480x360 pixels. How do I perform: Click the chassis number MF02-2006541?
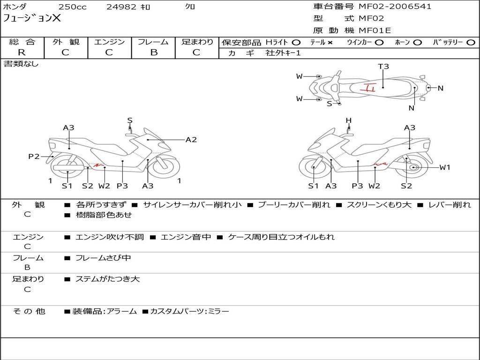(395, 7)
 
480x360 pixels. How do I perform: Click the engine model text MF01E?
(375, 30)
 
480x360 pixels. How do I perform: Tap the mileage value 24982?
(121, 7)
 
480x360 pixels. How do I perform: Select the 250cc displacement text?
(73, 7)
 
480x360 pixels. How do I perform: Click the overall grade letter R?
(22, 52)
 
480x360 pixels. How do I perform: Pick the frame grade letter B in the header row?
(154, 52)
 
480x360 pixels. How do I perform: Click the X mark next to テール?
(330, 43)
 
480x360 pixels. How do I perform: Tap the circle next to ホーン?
(417, 43)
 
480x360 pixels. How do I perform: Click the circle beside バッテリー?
(471, 43)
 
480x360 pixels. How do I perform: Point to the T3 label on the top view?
(383, 67)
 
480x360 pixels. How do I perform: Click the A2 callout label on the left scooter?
(191, 140)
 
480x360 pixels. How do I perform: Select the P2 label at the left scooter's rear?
(34, 157)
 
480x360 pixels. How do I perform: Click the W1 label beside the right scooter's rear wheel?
(445, 167)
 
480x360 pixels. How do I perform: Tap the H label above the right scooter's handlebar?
(349, 120)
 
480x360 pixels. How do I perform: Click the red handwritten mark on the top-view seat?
(367, 88)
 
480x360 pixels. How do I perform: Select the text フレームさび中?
(103, 258)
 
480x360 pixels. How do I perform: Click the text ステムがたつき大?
(107, 279)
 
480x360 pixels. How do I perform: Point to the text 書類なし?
(21, 64)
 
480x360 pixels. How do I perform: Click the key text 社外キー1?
(283, 53)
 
